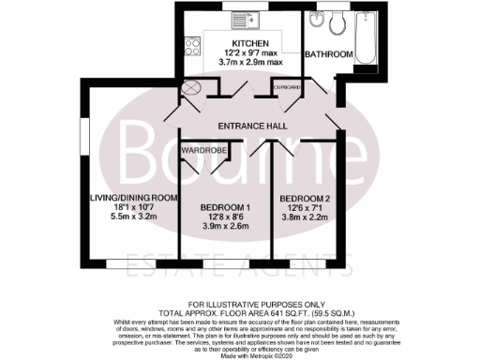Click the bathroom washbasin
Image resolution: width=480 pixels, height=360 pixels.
click(x=315, y=20)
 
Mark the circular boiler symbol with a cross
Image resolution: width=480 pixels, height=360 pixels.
click(x=192, y=88)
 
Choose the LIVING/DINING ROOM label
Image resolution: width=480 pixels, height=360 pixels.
click(x=132, y=197)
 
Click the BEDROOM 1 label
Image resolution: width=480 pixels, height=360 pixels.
click(x=224, y=206)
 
